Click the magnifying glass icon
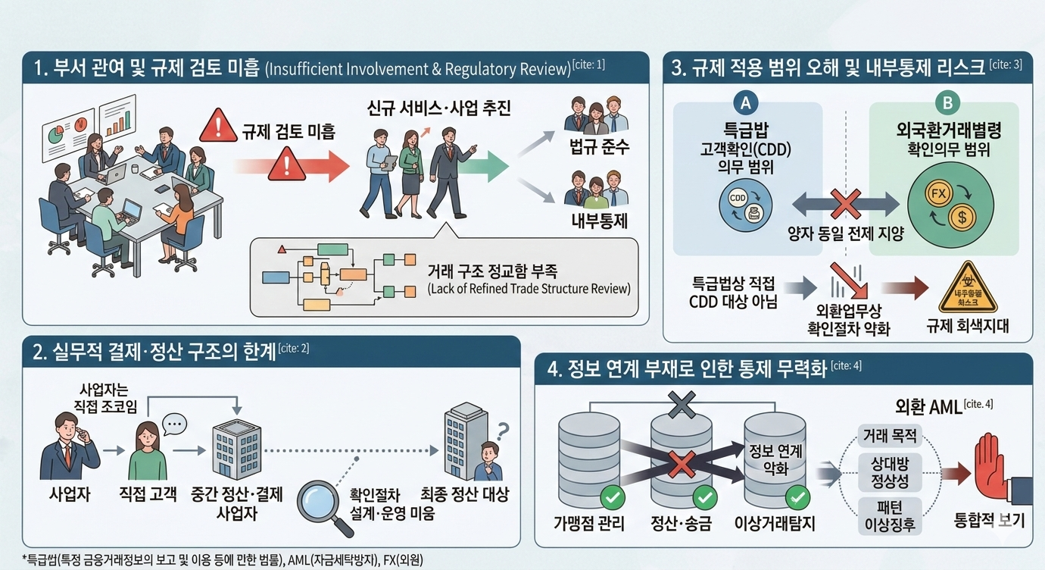(x=318, y=499)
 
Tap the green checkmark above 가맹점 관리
(x=611, y=497)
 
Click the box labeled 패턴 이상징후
(x=890, y=514)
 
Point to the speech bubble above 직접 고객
(x=173, y=424)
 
